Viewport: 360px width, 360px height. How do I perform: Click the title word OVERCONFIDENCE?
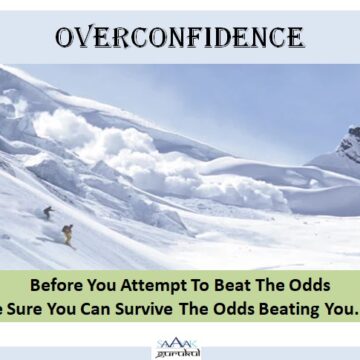(x=179, y=37)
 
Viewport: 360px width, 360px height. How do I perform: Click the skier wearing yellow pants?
(x=68, y=234)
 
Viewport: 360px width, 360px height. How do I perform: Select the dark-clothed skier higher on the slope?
(x=47, y=213)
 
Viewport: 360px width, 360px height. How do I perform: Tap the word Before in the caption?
(x=56, y=283)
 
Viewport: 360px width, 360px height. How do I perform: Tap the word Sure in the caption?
(x=28, y=306)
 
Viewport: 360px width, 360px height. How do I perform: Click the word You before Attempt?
(x=101, y=283)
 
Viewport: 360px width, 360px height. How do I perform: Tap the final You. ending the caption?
(x=336, y=306)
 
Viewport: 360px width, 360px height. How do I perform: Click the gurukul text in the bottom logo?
(x=177, y=352)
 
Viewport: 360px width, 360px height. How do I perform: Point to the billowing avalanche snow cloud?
(x=110, y=140)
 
